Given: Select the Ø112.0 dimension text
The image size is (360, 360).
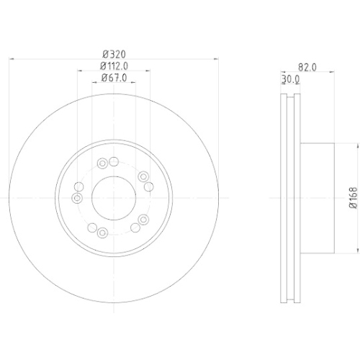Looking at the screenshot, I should coord(113,66).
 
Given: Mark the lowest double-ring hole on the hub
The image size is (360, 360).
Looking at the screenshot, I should coord(102,232).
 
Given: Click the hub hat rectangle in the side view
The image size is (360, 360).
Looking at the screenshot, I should coord(317,196).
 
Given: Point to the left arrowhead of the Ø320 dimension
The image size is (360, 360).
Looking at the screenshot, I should coord(12,60).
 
